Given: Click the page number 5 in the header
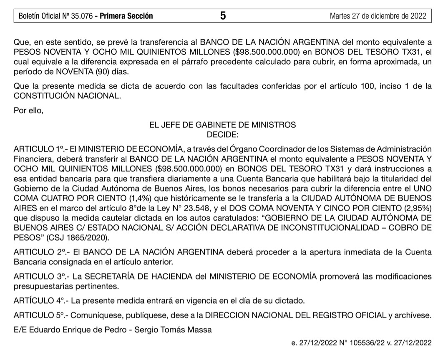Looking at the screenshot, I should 223,16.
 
